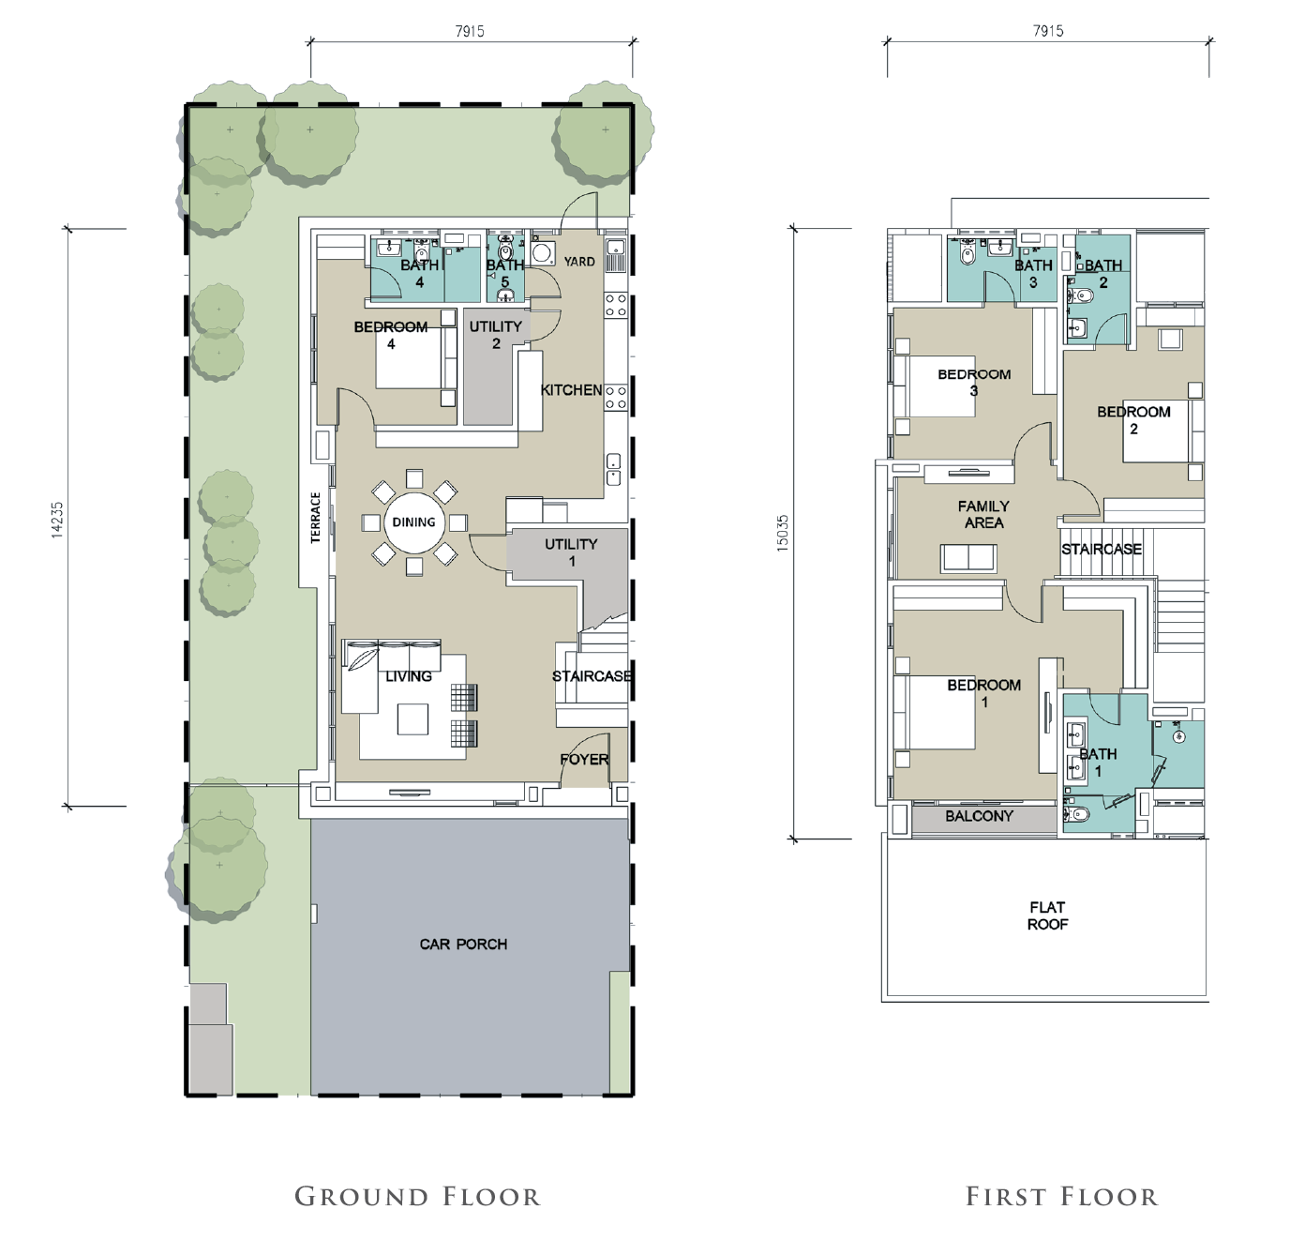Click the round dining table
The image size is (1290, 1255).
414,522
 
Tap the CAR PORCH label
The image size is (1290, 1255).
463,944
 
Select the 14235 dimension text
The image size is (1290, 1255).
58,520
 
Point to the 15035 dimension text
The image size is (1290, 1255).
783,534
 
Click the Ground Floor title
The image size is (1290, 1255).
417,1197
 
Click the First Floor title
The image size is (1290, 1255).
1062,1197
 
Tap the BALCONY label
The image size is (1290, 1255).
979,816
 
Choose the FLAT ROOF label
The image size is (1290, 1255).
1047,915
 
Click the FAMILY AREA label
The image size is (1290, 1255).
983,514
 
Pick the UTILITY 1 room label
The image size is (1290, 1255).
572,552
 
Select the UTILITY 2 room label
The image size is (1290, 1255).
496,335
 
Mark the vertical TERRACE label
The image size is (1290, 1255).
316,518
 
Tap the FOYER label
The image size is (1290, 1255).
584,760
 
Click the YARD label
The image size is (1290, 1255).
579,262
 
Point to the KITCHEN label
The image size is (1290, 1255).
572,390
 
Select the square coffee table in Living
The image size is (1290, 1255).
413,719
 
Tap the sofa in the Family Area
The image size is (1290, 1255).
968,558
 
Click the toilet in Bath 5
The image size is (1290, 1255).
506,250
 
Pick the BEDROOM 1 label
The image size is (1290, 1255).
984,693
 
